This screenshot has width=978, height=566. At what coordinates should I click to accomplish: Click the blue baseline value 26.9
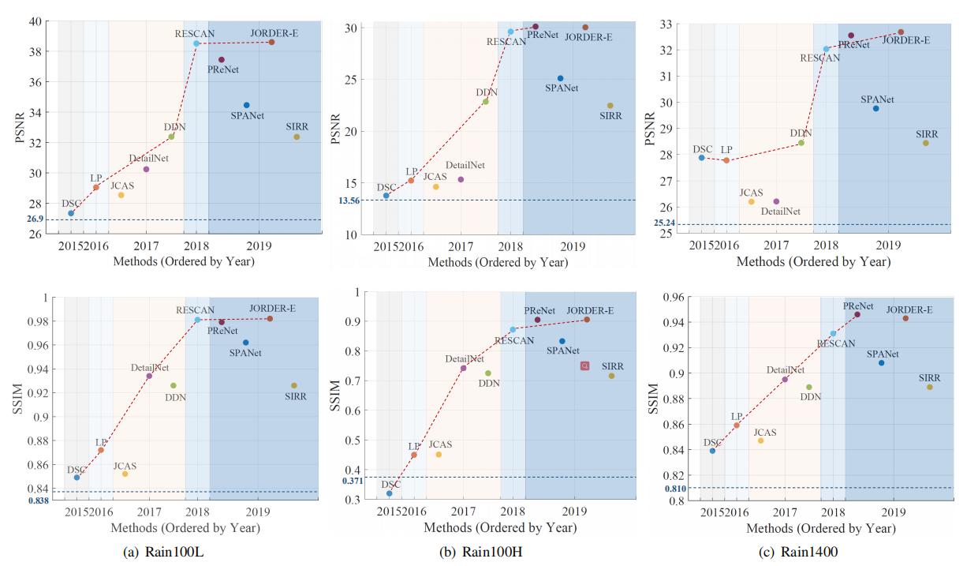pyautogui.click(x=35, y=219)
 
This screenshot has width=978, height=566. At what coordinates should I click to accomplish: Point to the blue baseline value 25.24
pyautogui.click(x=664, y=223)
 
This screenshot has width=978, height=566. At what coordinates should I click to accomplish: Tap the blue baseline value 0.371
pyautogui.click(x=353, y=481)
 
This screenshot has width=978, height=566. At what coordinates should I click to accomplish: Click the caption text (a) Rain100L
pyautogui.click(x=161, y=553)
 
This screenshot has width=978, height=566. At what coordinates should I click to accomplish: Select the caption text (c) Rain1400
pyautogui.click(x=798, y=553)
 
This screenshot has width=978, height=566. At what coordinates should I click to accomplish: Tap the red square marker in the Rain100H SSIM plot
pyautogui.click(x=584, y=365)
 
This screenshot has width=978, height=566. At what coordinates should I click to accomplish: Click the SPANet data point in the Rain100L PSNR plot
pyautogui.click(x=246, y=105)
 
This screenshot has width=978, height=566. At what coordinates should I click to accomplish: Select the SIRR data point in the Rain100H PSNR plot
pyautogui.click(x=610, y=106)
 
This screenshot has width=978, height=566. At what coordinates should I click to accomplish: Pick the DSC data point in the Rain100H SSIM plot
pyautogui.click(x=389, y=493)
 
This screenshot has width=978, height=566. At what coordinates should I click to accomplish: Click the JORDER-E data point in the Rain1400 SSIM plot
pyautogui.click(x=905, y=318)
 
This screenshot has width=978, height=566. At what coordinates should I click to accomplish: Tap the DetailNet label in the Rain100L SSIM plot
pyautogui.click(x=150, y=367)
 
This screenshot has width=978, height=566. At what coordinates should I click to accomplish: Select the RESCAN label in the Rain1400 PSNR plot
pyautogui.click(x=819, y=58)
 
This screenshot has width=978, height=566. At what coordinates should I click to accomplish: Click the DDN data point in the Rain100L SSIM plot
pyautogui.click(x=174, y=386)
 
